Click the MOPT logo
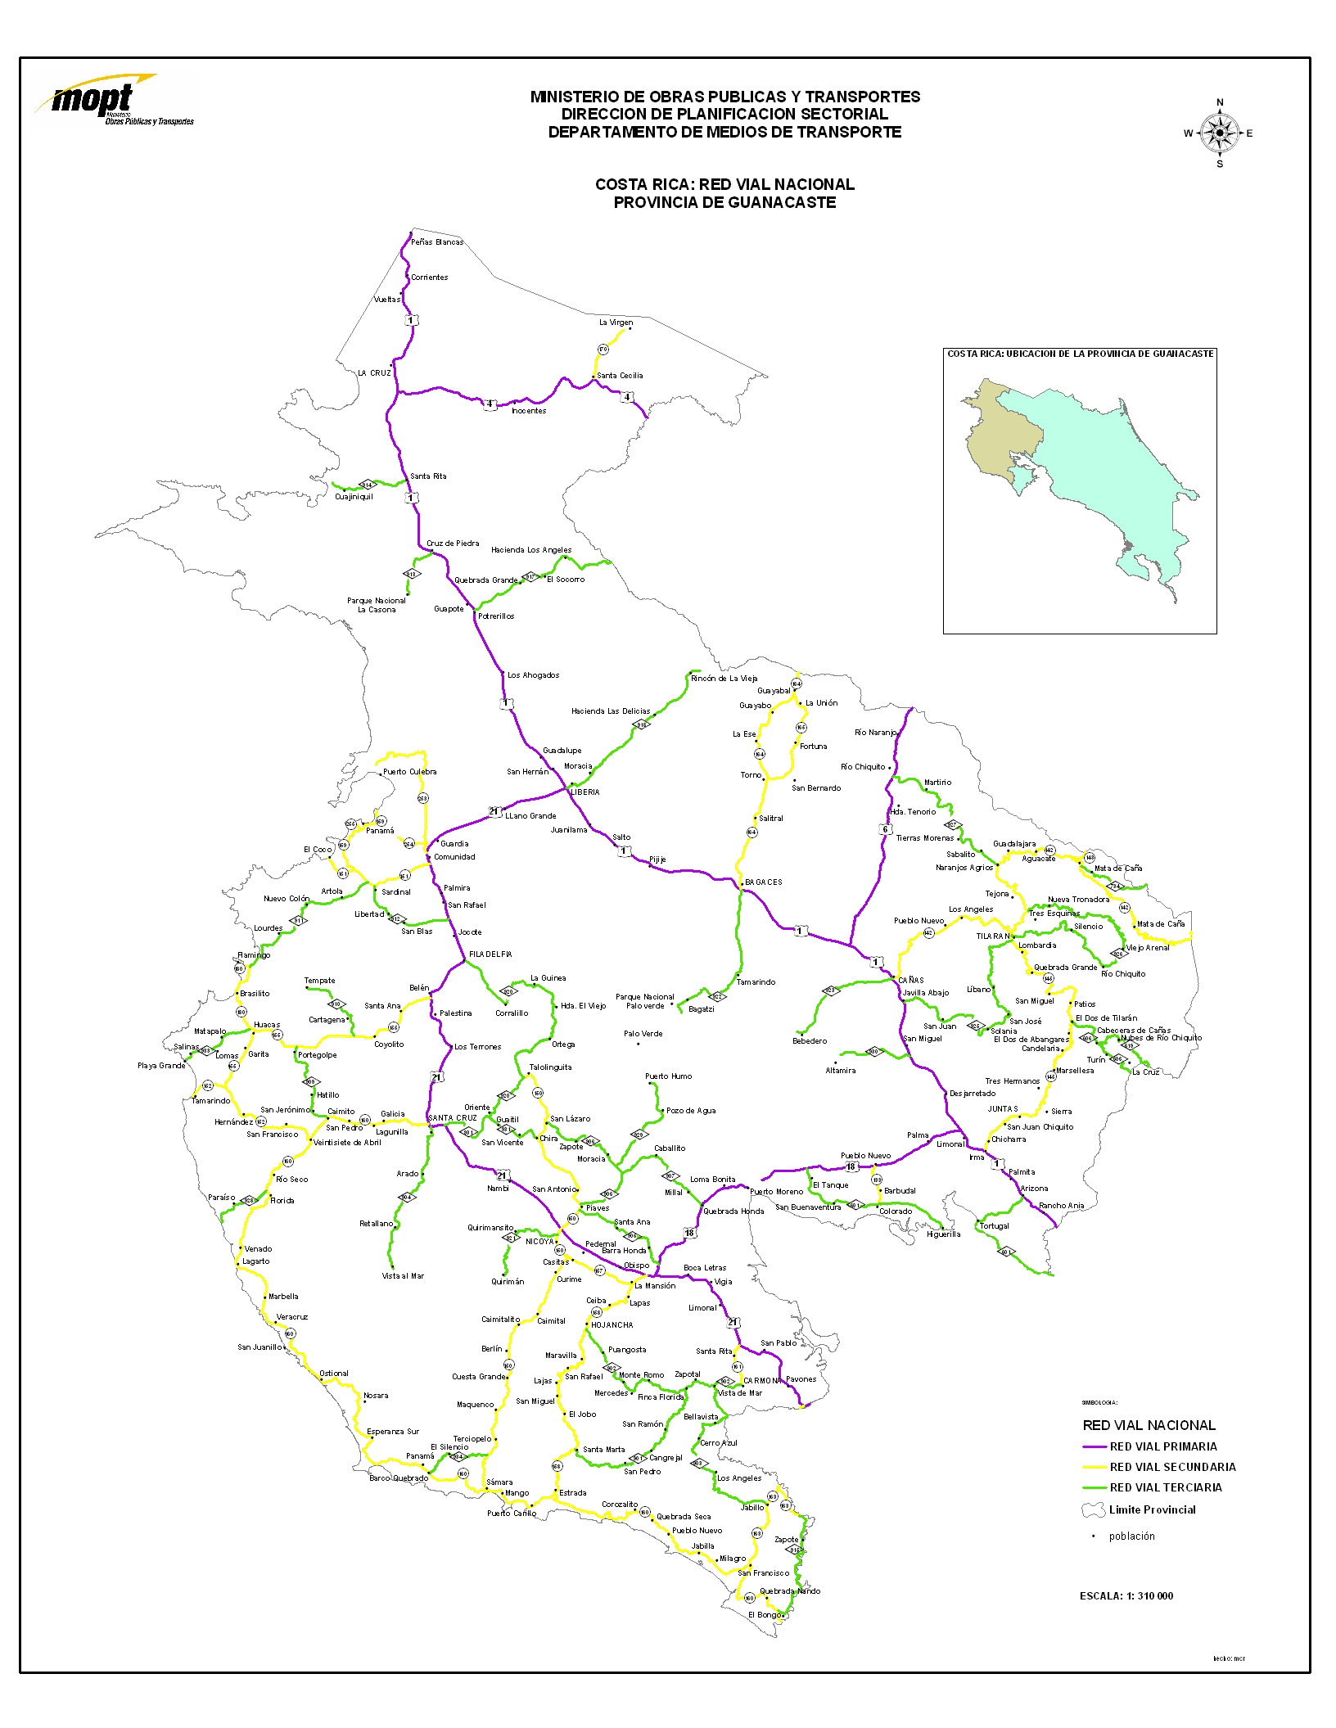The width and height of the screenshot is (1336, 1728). (115, 102)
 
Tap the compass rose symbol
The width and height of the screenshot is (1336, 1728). (1220, 133)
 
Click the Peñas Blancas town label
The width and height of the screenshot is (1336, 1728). (437, 242)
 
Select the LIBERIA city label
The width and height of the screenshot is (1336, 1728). (585, 792)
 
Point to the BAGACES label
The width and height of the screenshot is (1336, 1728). (763, 882)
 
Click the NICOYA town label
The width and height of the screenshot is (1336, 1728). (539, 1240)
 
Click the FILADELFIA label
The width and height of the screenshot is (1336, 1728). (490, 954)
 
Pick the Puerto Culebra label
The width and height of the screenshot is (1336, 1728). (409, 772)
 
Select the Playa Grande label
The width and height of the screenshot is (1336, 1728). (161, 1066)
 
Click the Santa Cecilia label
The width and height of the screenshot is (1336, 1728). (620, 376)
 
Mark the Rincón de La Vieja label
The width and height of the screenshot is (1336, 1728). (724, 679)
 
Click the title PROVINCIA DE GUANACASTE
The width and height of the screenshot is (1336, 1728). (724, 202)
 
